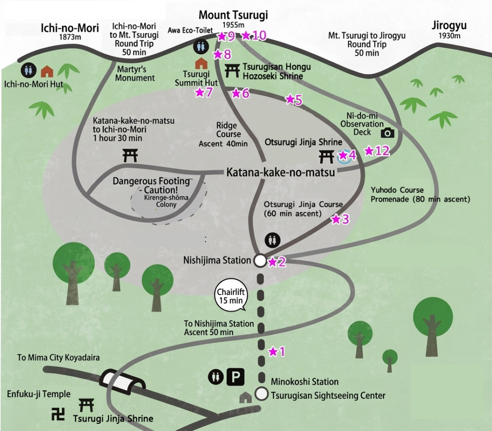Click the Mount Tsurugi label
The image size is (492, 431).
(x=233, y=15)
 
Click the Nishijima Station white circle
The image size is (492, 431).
(x=259, y=261)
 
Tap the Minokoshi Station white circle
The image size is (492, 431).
(x=261, y=394)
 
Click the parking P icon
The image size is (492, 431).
(x=235, y=377)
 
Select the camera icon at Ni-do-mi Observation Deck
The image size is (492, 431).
(x=387, y=133)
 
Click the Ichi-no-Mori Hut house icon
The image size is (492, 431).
(x=47, y=72)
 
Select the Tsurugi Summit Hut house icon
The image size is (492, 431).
(x=200, y=63)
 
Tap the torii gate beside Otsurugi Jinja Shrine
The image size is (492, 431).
(x=327, y=156)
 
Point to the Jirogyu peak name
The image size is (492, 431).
(x=449, y=26)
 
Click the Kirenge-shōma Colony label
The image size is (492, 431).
(x=160, y=201)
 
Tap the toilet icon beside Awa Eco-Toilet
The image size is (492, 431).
(x=200, y=47)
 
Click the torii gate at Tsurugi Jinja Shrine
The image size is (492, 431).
(x=86, y=405)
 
